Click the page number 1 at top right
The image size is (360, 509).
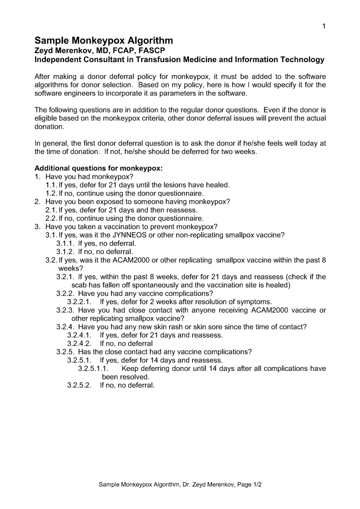pos(324,26)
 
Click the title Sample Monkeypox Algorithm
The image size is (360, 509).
pos(103,40)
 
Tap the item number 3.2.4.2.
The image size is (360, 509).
pos(79,343)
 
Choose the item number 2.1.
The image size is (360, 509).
pos(51,210)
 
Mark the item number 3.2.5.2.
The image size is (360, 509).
pos(79,385)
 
